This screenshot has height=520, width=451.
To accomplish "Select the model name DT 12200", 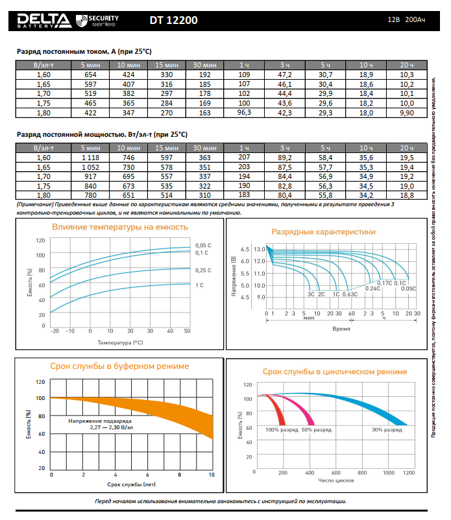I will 173,20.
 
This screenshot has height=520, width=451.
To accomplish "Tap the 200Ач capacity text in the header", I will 416,20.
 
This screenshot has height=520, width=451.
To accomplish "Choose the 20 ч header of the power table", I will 406,148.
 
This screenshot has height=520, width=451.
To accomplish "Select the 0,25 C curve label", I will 203,270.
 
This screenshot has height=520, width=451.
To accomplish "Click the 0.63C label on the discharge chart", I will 350,294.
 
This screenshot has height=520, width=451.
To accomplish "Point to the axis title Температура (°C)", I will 120,341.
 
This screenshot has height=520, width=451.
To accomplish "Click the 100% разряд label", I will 282,429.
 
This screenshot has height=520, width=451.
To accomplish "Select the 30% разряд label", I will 385,429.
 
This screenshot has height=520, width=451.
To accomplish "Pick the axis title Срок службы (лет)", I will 131,484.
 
